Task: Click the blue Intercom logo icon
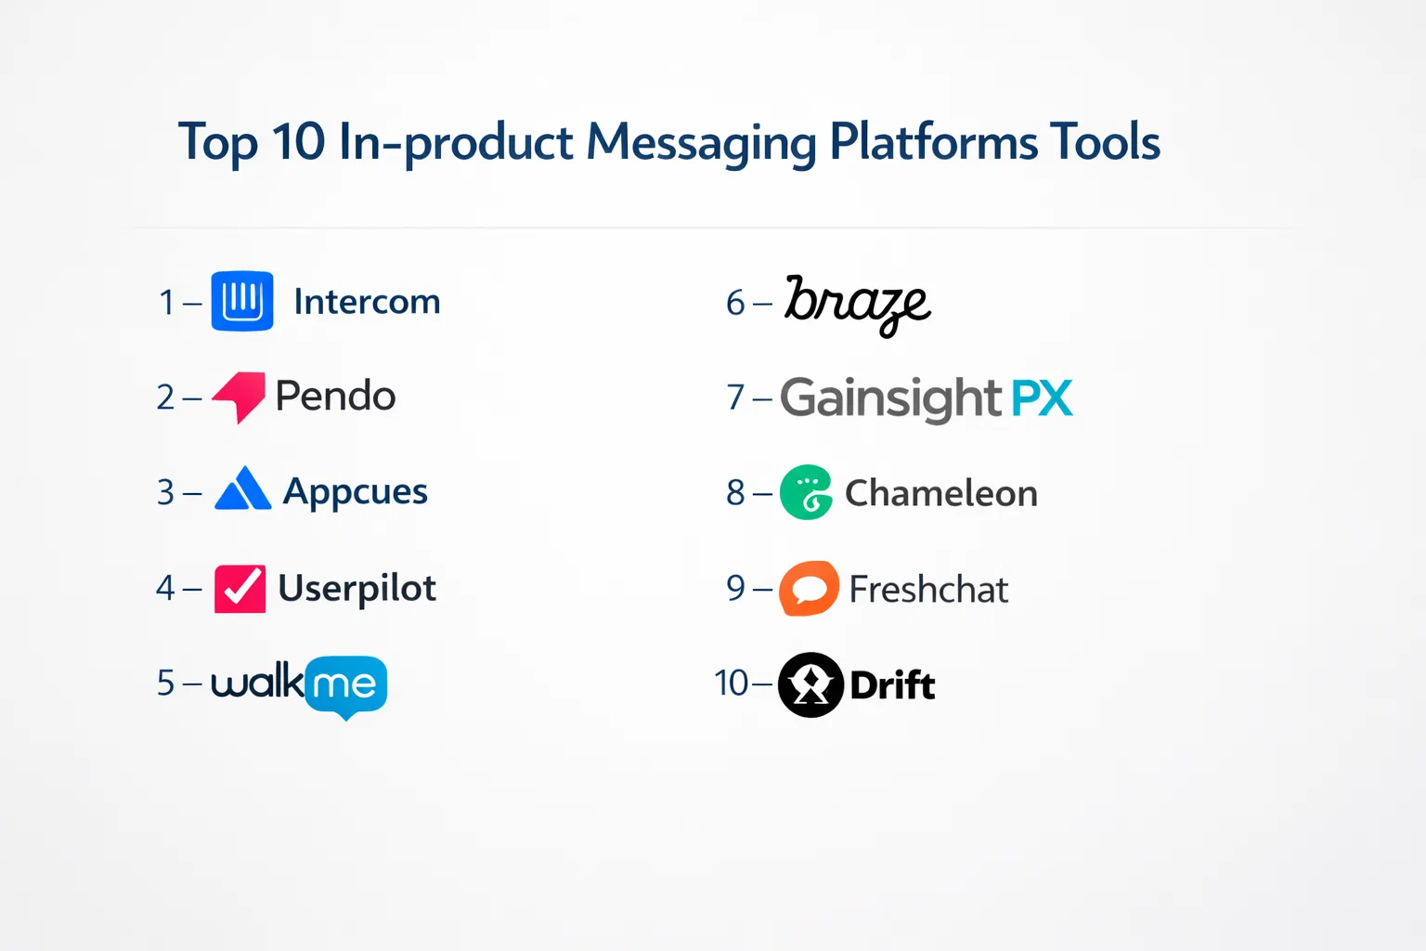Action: [x=242, y=301]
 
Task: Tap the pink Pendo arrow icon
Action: [x=239, y=397]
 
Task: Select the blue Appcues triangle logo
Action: [x=243, y=489]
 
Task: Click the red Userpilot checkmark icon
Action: [x=240, y=589]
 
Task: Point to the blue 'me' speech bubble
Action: [x=345, y=686]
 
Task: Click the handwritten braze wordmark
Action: [x=858, y=306]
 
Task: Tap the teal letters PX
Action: [x=1043, y=398]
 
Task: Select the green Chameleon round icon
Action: [x=806, y=492]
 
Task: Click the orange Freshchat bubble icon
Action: [x=810, y=589]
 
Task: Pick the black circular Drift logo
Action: [x=811, y=684]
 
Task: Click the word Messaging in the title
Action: [x=701, y=144]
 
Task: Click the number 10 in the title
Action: [x=299, y=141]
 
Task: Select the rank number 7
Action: [x=735, y=397]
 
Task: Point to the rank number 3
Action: [x=165, y=492]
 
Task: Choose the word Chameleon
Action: [x=940, y=493]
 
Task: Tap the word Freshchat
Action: [x=928, y=589]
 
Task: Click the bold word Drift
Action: [x=892, y=685]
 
